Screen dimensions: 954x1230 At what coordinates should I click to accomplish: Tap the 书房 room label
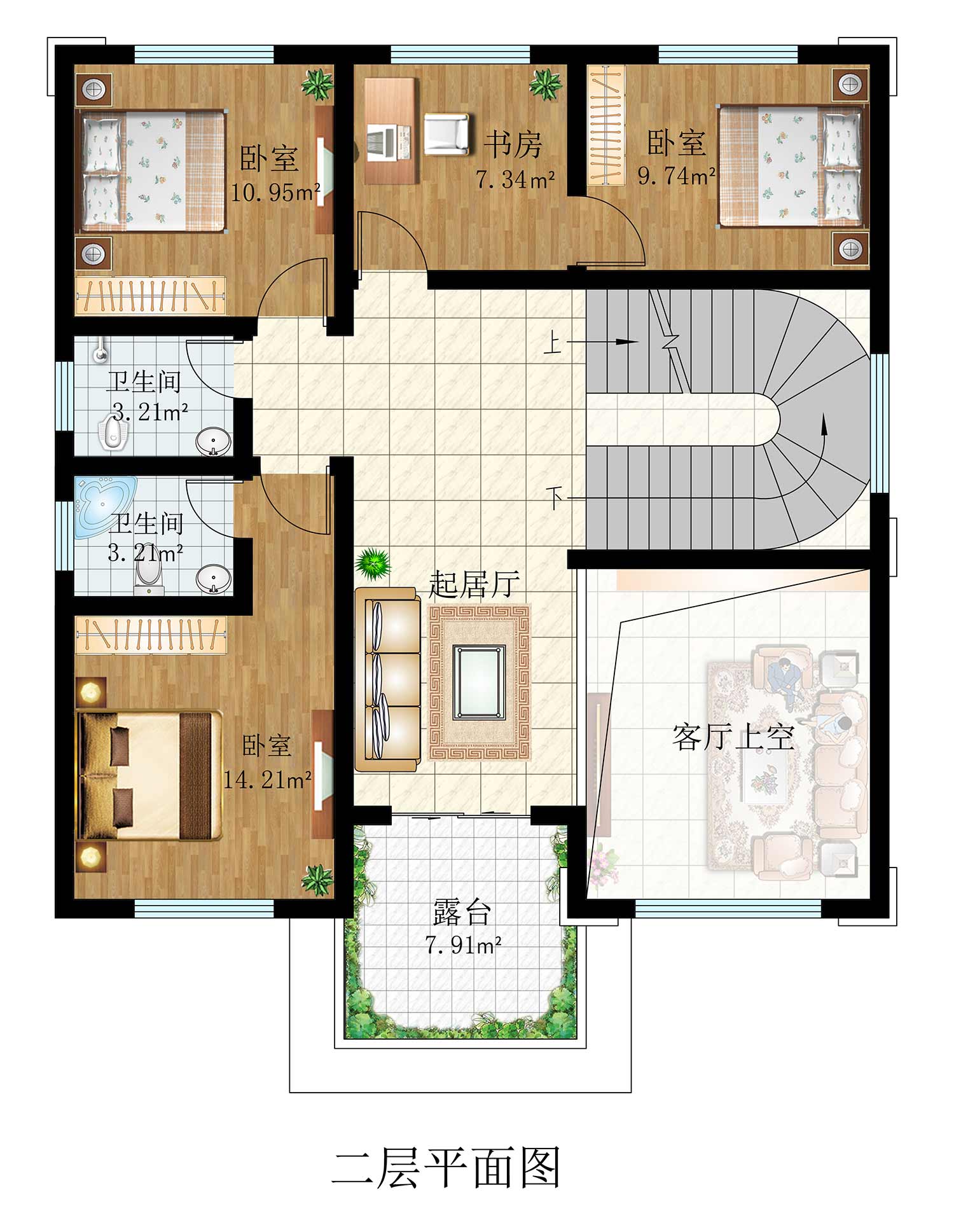click(513, 144)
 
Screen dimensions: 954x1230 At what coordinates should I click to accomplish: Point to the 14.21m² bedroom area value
click(267, 779)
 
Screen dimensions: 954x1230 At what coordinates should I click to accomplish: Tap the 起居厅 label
click(474, 584)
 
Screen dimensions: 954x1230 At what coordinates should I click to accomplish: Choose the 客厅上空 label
click(733, 737)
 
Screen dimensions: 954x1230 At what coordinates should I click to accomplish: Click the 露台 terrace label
click(462, 913)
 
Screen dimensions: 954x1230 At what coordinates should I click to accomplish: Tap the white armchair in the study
click(446, 134)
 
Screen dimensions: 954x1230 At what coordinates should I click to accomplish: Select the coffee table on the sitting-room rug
click(478, 681)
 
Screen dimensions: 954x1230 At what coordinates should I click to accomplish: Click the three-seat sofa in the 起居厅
click(387, 679)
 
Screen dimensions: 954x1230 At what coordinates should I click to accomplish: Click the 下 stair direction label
click(555, 497)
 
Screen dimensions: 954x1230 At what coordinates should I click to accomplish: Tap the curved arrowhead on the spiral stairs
click(824, 422)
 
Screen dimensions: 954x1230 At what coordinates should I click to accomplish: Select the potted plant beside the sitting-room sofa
click(373, 563)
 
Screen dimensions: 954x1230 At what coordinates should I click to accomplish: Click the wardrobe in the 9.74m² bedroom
click(605, 125)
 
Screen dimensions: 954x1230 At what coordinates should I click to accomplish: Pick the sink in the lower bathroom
click(213, 579)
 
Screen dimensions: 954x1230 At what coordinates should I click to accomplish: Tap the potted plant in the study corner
click(545, 84)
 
